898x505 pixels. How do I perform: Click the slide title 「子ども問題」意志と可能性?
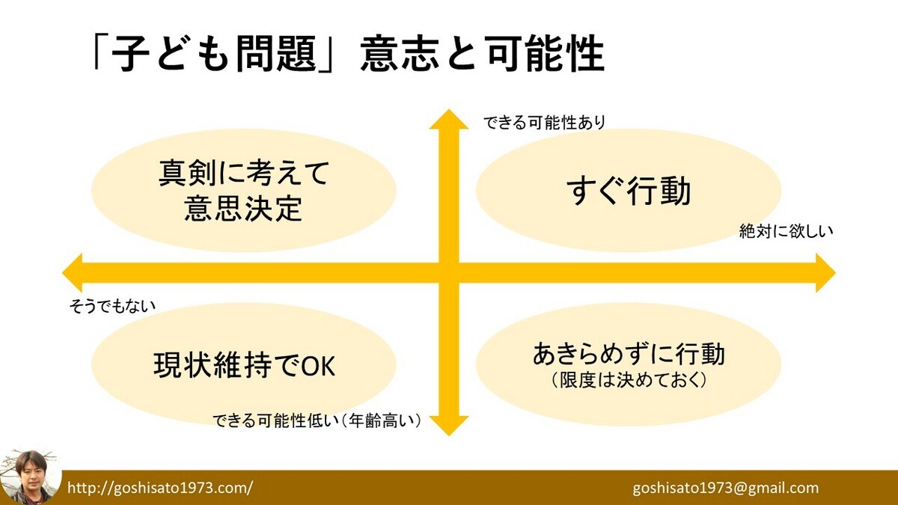[x=345, y=54]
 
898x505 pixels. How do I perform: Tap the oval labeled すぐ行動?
[x=629, y=187]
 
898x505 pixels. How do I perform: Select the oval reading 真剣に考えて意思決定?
[x=244, y=191]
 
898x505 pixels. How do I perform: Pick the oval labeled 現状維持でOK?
[x=244, y=365]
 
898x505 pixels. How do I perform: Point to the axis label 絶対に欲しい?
[x=786, y=231]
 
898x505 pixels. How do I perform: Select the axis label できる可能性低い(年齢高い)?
[x=317, y=421]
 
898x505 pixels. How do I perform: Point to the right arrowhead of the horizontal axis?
[x=824, y=272]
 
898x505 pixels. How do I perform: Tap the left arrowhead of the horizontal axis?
[x=73, y=272]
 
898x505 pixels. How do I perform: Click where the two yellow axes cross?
[x=448, y=272]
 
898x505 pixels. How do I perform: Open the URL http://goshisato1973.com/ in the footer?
[x=160, y=488]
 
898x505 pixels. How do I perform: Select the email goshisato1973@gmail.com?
[x=725, y=488]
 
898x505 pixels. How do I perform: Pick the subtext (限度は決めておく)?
[x=629, y=379]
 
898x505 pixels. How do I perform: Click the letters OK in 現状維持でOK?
[x=318, y=365]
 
